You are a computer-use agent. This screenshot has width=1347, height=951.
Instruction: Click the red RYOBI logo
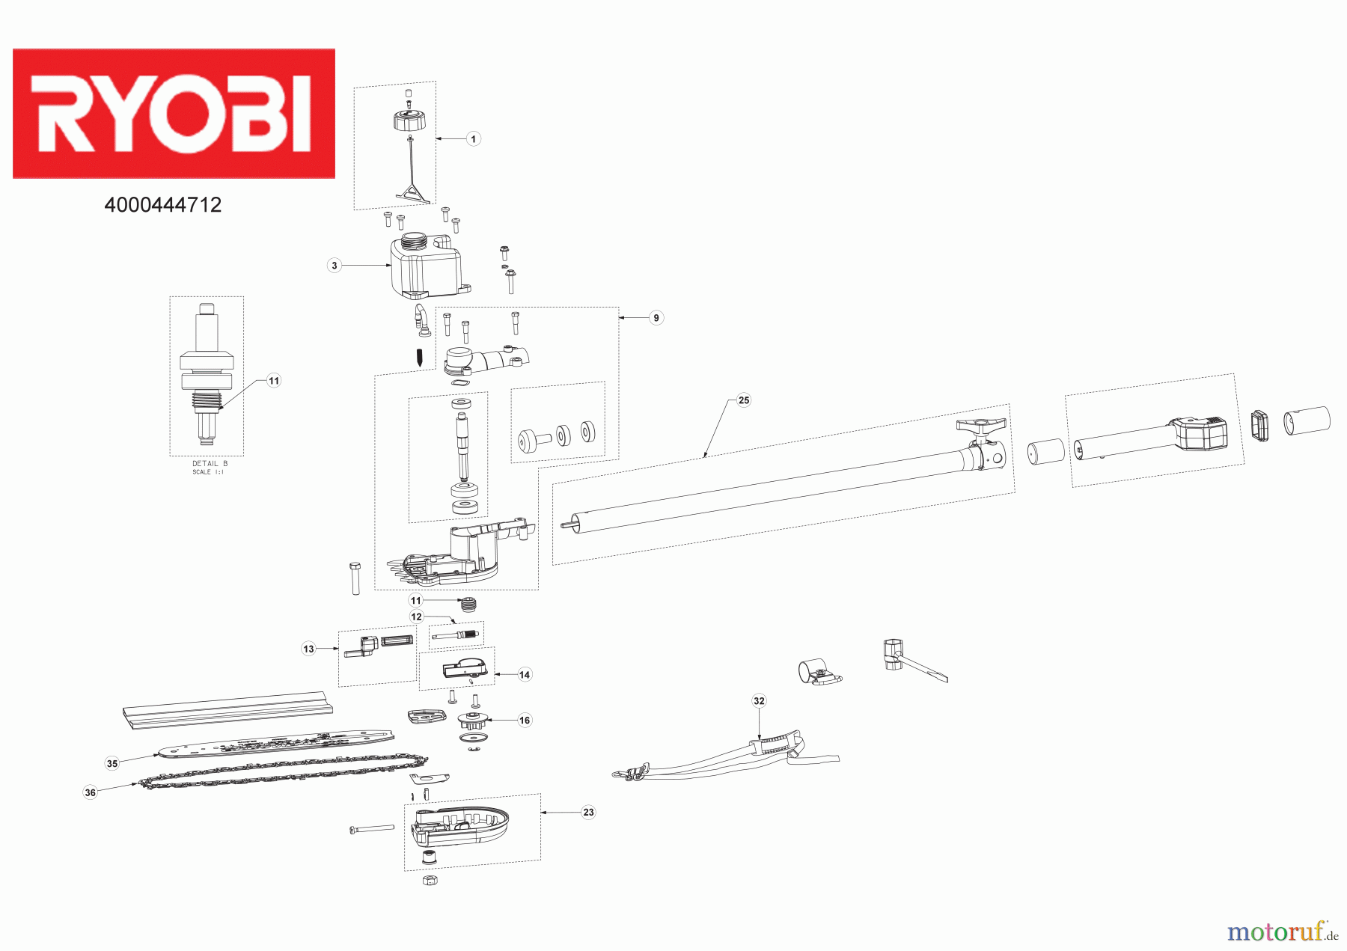point(174,114)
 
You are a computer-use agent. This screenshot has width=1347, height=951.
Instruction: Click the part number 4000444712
point(163,205)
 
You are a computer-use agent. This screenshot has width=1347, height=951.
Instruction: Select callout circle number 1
point(473,138)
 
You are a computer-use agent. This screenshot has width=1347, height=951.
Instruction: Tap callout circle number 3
point(335,265)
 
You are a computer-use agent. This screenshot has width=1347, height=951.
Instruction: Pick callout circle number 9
point(656,318)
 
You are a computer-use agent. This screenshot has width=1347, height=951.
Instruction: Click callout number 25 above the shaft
point(744,400)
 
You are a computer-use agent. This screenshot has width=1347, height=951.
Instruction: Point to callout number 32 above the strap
point(760,701)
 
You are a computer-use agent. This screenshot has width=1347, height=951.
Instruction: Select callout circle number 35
point(112,763)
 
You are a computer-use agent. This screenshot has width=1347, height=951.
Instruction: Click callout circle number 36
point(91,792)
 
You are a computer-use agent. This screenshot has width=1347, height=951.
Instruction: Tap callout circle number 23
point(589,812)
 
